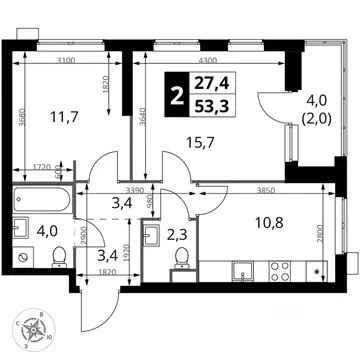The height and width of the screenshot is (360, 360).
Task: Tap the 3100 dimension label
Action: tap(67, 63)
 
